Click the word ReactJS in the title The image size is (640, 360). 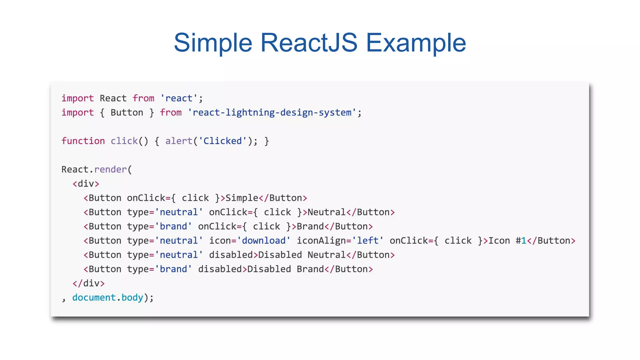pos(309,42)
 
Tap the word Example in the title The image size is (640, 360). pos(416,42)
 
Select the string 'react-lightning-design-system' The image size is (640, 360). pos(272,112)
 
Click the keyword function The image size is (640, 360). pos(83,141)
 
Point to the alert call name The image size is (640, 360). pos(179,141)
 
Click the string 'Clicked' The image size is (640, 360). pos(222,141)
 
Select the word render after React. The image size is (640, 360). pos(110,169)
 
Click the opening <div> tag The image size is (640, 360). pos(86,184)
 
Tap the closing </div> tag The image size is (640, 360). pos(88,283)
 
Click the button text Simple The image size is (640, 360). pos(242,198)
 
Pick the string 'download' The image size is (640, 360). pos(263,241)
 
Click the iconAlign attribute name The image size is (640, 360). pos(321,241)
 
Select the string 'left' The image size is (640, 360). pos(368,241)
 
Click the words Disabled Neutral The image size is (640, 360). pos(302,255)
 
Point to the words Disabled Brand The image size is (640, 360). pos(286,269)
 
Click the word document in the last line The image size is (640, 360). pos(94,297)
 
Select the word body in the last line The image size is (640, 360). pos(132,297)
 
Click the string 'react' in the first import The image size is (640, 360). pos(179,98)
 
